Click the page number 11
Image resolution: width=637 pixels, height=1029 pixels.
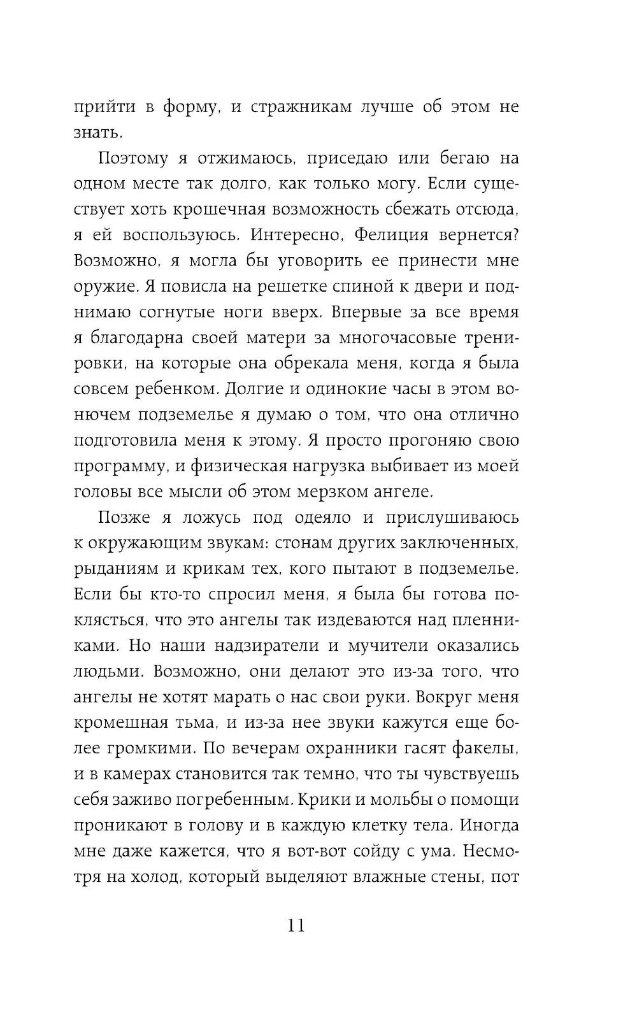[297, 925]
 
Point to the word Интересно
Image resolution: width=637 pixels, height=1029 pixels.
[299, 235]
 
